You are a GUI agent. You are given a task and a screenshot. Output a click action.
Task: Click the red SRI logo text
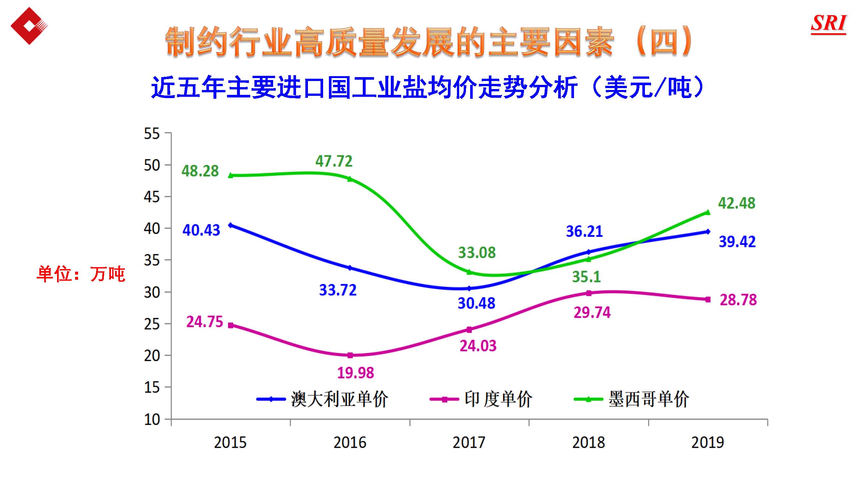pos(828,23)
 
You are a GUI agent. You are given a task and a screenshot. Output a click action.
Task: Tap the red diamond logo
pos(29,26)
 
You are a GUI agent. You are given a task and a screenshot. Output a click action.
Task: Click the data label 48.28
pos(200,171)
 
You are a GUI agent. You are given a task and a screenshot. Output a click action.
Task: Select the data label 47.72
pos(334,161)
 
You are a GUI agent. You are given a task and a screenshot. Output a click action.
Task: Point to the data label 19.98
pos(356,373)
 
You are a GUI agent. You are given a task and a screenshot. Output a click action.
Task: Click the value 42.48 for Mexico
pos(736,203)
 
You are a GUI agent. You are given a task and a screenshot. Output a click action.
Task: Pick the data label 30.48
pos(476,303)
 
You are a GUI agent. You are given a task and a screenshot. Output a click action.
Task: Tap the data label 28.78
pos(738,300)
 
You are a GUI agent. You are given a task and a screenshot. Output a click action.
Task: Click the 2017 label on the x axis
pos(469,443)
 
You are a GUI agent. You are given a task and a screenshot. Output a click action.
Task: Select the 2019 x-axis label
pos(707,443)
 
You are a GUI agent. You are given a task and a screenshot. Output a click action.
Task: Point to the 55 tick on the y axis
pos(152,134)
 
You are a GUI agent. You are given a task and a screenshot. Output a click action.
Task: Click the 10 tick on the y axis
pos(152,419)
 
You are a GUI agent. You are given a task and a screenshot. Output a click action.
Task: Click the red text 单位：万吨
pos(81,274)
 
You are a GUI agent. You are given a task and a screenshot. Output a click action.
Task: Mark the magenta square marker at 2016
pos(350,355)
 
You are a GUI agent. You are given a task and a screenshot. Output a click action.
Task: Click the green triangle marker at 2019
pos(707,212)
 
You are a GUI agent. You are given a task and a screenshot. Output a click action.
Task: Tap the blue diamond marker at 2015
pos(231,225)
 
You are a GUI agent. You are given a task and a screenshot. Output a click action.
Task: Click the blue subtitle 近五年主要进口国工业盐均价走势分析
pos(364,87)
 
